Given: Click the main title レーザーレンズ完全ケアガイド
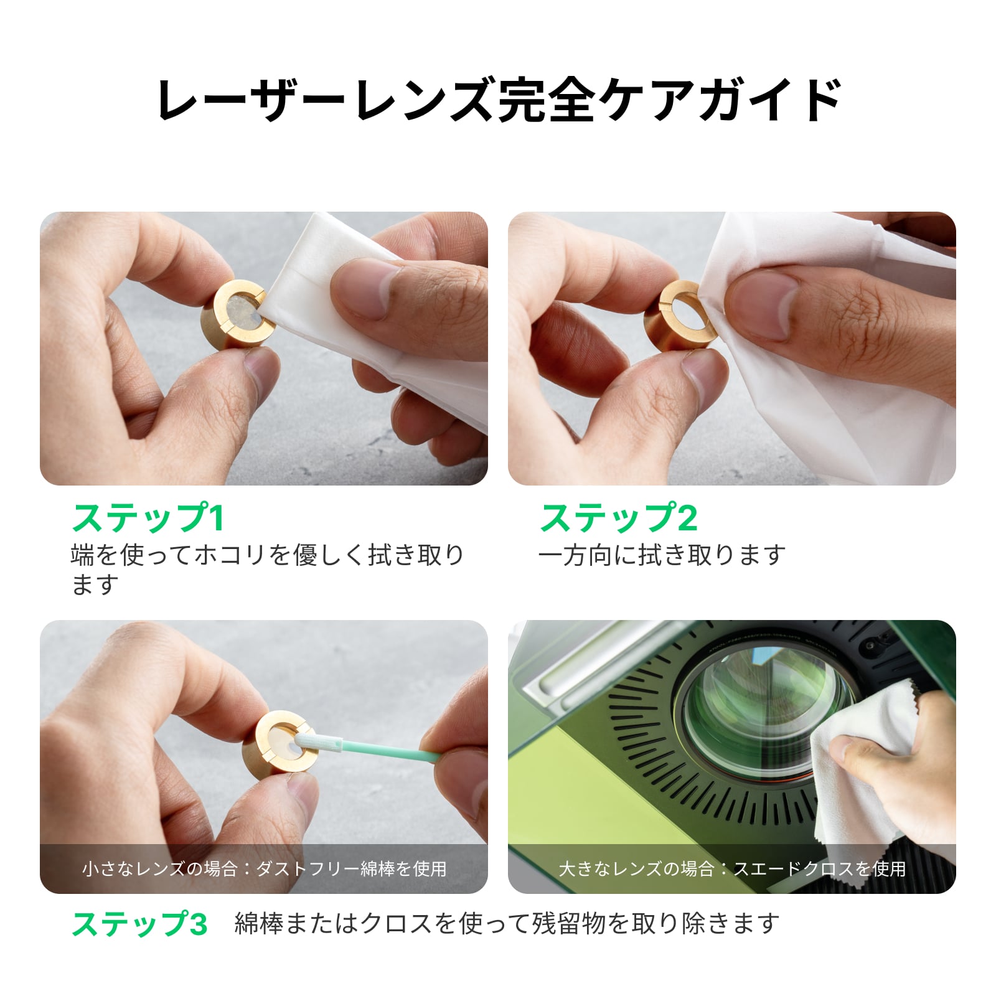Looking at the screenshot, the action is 499,99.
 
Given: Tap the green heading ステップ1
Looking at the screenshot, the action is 148,518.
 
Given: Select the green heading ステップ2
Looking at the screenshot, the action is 619,518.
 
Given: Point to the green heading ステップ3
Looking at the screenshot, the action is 139,924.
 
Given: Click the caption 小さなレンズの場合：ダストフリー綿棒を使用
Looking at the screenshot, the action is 265,868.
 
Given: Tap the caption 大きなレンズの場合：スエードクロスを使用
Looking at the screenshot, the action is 732,868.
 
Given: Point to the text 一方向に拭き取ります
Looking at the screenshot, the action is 662,555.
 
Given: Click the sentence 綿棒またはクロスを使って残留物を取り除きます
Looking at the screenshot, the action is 507,924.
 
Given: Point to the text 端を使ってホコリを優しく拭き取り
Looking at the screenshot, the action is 268,555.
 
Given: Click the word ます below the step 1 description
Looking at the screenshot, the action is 95,585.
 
